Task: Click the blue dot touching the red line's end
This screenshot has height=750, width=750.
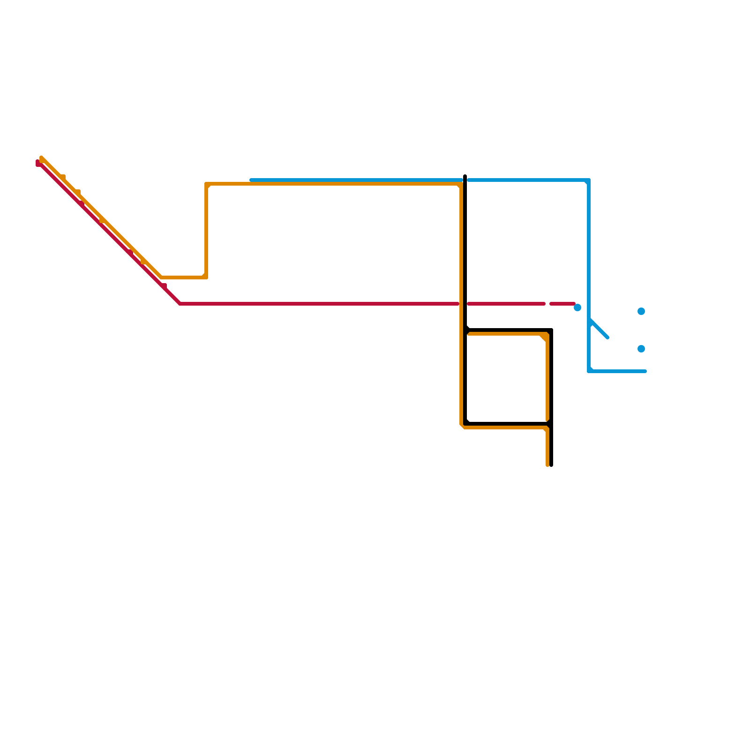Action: (x=577, y=307)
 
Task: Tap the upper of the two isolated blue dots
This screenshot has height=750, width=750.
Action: (x=641, y=311)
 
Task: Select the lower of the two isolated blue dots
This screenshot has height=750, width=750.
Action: (x=641, y=349)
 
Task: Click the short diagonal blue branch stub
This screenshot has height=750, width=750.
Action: (x=600, y=329)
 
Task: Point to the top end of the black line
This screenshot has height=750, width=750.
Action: (x=465, y=176)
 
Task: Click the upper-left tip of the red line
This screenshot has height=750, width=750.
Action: (x=38, y=163)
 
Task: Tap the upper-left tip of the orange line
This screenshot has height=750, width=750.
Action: (x=42, y=158)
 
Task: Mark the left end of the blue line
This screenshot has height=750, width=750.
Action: (x=251, y=180)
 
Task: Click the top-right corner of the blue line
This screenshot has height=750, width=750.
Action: (x=589, y=180)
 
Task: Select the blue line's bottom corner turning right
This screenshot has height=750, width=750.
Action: (x=589, y=371)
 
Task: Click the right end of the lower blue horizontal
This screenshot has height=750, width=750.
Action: (x=645, y=371)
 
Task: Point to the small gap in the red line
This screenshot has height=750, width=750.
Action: (x=547, y=304)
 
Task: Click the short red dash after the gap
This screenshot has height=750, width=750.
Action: (x=562, y=304)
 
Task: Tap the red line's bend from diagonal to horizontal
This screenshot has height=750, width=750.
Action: (x=180, y=304)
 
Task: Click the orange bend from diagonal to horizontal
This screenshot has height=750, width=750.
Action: (x=162, y=277)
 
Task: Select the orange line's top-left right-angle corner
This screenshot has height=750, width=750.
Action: (x=206, y=184)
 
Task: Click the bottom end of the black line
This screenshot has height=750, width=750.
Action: (x=551, y=465)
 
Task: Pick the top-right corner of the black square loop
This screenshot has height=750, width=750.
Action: (x=551, y=330)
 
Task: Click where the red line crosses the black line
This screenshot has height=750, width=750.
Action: (x=465, y=304)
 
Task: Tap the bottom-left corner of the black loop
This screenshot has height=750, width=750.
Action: (x=465, y=424)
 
